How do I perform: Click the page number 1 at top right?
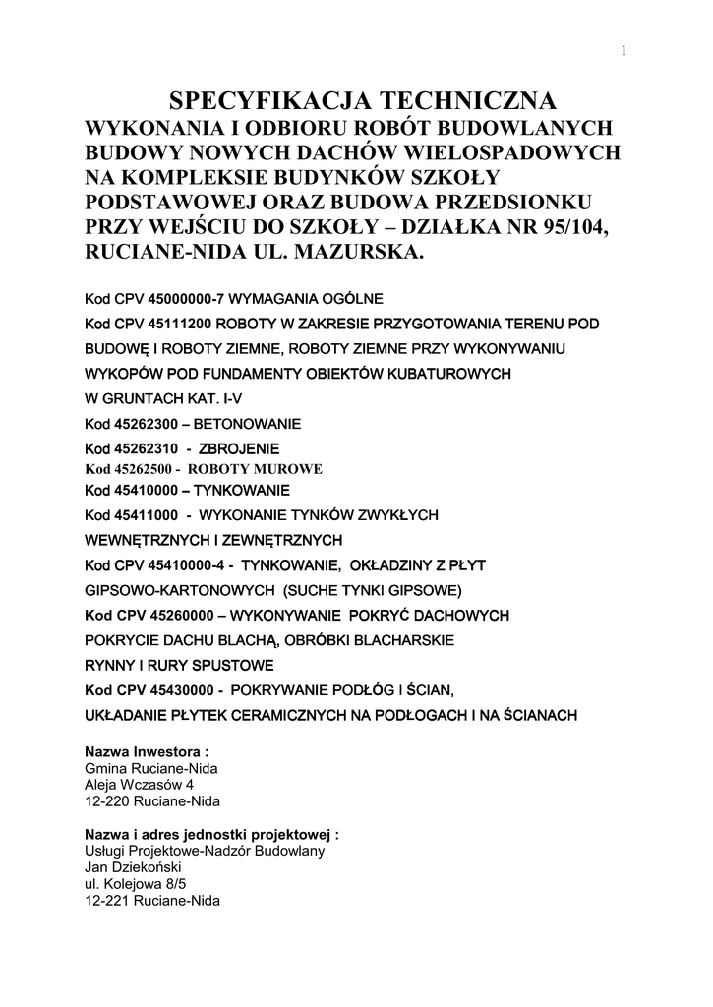(624, 52)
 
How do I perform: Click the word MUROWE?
(288, 469)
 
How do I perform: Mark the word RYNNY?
(109, 666)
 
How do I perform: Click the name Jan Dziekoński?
(134, 868)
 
